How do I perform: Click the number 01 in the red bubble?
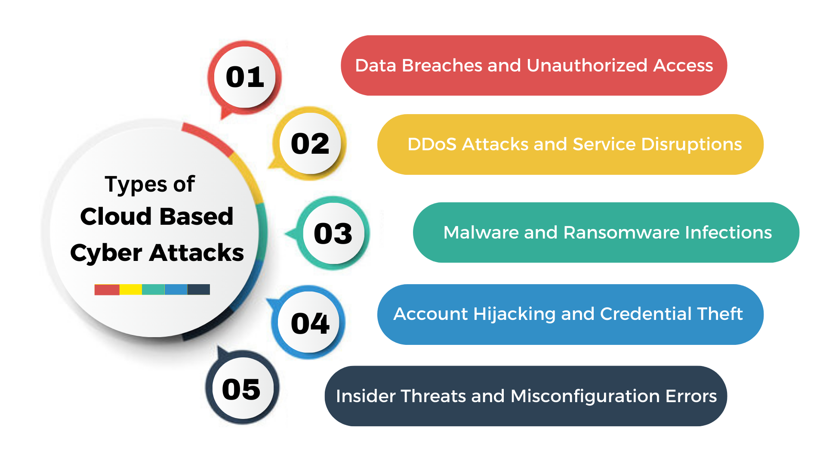tap(245, 77)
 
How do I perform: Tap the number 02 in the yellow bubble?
tap(310, 144)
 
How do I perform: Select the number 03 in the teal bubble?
tap(333, 233)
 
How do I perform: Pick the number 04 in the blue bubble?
tap(310, 323)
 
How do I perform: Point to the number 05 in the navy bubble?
tap(241, 389)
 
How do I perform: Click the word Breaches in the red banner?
tap(442, 65)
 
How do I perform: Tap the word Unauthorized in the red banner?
tap(587, 65)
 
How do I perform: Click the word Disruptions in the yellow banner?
tap(691, 144)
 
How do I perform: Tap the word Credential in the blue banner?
tap(646, 314)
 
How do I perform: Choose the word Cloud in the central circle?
tap(116, 216)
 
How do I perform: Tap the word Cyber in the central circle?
tap(106, 253)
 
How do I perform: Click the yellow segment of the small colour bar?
tap(131, 289)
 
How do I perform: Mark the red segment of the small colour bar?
tap(107, 289)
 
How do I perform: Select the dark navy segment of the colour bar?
tap(199, 289)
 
